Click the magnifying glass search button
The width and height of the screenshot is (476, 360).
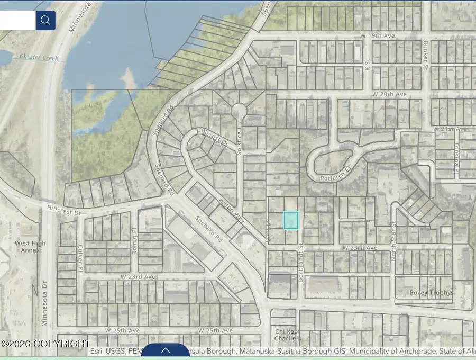click(45, 21)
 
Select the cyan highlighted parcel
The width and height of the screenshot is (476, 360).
click(291, 220)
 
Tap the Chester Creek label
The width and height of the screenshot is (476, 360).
click(38, 58)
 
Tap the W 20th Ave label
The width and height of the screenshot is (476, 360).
click(389, 94)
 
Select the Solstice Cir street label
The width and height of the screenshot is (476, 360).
click(239, 142)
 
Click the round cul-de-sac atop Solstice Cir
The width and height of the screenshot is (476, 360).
click(239, 111)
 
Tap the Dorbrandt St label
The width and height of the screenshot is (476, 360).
click(300, 262)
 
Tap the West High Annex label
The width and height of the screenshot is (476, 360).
click(30, 247)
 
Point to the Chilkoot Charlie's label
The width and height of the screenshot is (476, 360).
click(288, 335)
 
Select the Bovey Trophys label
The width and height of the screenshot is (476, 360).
click(431, 293)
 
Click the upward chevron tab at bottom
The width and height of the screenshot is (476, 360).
click(165, 350)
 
